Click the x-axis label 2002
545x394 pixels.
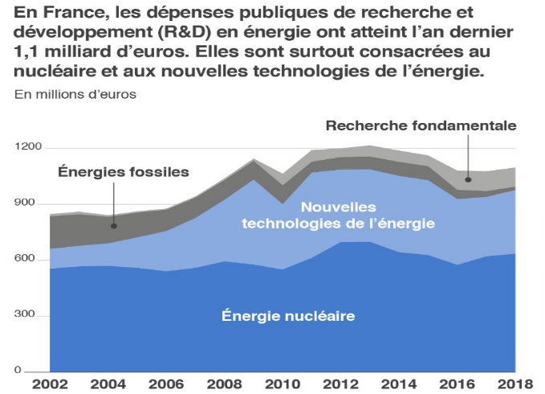pyautogui.click(x=49, y=384)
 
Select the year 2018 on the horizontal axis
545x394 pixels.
pyautogui.click(x=510, y=384)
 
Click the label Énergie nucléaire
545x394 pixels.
pyautogui.click(x=288, y=316)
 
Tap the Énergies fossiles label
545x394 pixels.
pyautogui.click(x=124, y=171)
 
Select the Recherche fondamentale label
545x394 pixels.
pyautogui.click(x=421, y=125)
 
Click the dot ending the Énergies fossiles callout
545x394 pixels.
pyautogui.click(x=113, y=226)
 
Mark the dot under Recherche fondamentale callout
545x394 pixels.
pyautogui.click(x=468, y=179)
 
